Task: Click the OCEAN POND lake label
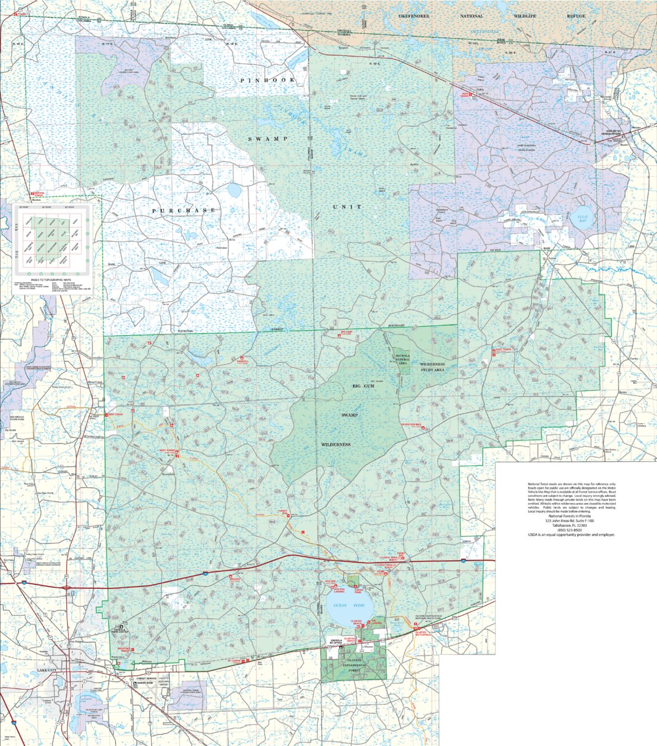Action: click(345, 606)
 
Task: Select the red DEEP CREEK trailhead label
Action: click(119, 415)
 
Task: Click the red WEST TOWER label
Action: click(168, 450)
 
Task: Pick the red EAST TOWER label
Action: click(502, 350)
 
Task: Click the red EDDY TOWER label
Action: click(468, 95)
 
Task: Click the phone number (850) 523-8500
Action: click(570, 530)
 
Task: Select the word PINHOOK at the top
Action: click(267, 80)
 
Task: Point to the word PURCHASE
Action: click(184, 210)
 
